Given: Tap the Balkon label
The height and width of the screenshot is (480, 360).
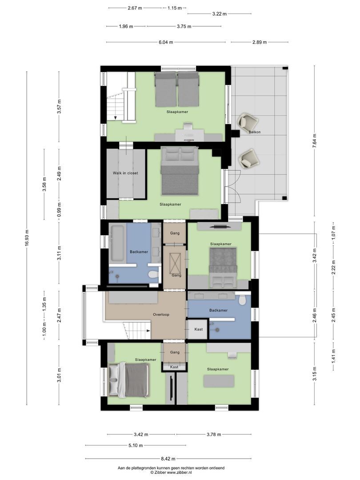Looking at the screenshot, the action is click(x=255, y=132).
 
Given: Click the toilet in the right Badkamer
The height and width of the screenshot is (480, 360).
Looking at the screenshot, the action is click(x=242, y=300).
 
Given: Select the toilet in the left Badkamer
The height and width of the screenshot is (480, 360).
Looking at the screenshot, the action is click(x=153, y=275).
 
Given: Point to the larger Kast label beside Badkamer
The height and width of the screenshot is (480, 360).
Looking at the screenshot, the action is click(x=198, y=329).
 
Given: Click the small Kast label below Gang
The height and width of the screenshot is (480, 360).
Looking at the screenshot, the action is click(x=174, y=367).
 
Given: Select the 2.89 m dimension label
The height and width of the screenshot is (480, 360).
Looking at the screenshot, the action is click(x=259, y=42).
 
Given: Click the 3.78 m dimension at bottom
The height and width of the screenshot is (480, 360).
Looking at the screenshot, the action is click(x=214, y=435).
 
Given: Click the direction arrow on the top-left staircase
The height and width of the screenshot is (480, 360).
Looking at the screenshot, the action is click(x=115, y=117).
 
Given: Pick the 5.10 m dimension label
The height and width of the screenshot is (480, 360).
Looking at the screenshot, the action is click(x=136, y=445).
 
